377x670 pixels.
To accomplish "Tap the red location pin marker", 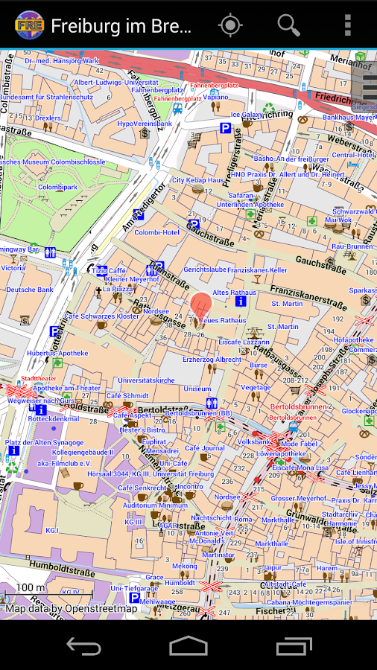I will point(200,306).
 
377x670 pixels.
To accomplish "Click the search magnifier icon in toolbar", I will point(288,25).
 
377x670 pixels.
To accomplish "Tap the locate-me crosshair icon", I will point(230,25).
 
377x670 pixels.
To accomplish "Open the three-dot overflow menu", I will point(347,25).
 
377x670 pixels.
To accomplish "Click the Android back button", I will point(83,645).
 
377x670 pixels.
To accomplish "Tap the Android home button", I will point(188,645).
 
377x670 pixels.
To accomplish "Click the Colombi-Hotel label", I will point(156,232).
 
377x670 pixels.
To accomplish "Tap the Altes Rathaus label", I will point(234,293).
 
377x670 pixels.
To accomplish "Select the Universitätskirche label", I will point(146,380).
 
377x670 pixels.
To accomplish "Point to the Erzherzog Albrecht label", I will point(212,359).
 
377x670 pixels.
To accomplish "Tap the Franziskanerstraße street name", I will point(308,296).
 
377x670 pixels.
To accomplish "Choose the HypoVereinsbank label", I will point(145,123).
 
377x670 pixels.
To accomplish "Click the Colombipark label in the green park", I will point(57,187).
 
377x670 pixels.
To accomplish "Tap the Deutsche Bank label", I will point(29,290).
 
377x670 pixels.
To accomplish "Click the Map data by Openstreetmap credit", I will point(72,608).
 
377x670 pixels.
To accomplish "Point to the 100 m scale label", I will point(30,588).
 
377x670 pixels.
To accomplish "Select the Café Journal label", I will point(204,448).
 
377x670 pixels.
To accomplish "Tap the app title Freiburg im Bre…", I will point(121,26).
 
